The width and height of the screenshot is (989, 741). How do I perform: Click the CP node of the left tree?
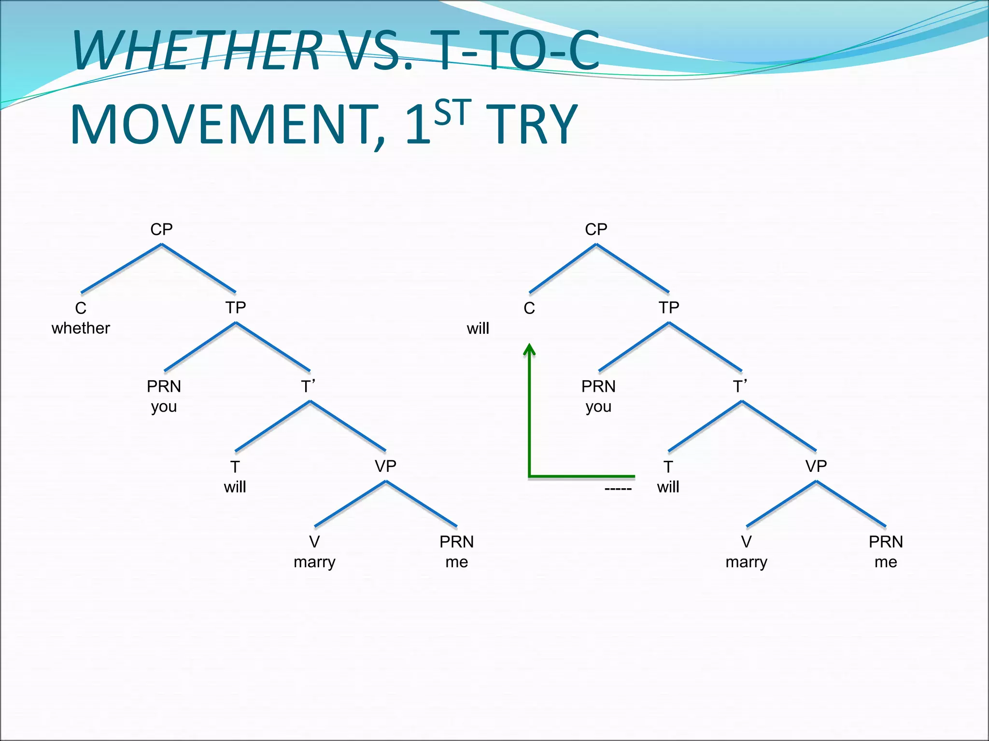(x=161, y=229)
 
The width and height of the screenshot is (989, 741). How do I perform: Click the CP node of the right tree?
(x=596, y=229)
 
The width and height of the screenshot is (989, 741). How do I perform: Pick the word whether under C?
(x=81, y=328)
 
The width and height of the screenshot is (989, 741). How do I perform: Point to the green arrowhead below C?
(x=530, y=349)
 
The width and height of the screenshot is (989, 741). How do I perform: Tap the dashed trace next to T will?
(x=618, y=489)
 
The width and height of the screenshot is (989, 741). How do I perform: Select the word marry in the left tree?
(x=314, y=562)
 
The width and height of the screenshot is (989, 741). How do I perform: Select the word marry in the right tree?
(x=746, y=562)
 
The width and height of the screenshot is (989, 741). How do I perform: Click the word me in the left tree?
(x=456, y=562)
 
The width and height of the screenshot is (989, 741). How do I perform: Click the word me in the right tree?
(x=886, y=562)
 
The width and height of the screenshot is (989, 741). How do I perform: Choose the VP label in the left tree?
(x=385, y=466)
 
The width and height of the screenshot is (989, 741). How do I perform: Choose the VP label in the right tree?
(x=816, y=466)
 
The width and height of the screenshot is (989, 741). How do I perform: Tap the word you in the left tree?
(x=164, y=407)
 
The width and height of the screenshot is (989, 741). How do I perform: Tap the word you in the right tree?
(x=598, y=407)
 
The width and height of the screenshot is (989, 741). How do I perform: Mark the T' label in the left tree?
(x=308, y=386)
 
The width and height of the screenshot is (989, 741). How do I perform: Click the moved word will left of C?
(x=478, y=329)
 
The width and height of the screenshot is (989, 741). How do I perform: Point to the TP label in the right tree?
(x=669, y=307)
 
